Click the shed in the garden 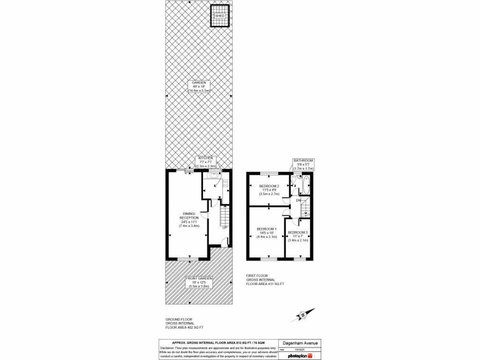click(x=220, y=15)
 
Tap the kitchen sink click(x=214, y=176)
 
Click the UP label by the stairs click(x=225, y=228)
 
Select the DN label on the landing click(x=298, y=201)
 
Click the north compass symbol click(x=302, y=315)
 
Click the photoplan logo click(x=299, y=356)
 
